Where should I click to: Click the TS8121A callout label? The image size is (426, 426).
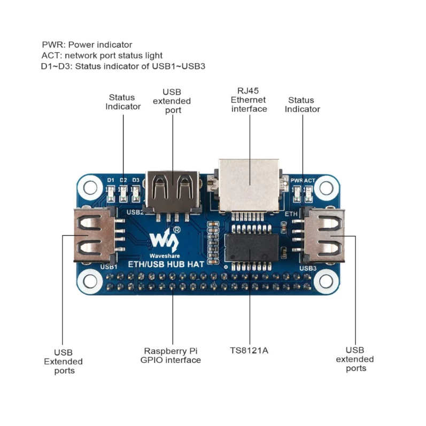[x=248, y=351]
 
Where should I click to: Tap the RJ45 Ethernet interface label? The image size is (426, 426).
[x=249, y=99]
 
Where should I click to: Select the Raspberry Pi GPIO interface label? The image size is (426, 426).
[x=171, y=355]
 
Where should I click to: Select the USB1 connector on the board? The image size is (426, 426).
[x=95, y=235]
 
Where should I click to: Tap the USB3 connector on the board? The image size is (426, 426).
[x=323, y=236]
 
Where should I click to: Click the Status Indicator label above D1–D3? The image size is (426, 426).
[x=123, y=102]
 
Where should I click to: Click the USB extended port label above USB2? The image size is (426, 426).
[x=172, y=100]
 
